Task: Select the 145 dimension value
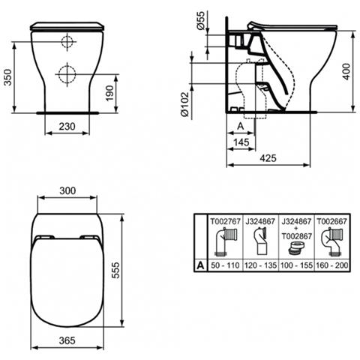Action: [x=241, y=142]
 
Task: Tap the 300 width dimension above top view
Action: [x=67, y=192]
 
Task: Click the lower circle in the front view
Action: [x=67, y=74]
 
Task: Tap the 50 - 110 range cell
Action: [x=227, y=265]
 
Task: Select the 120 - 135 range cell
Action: [x=261, y=265]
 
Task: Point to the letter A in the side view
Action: [x=239, y=126]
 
